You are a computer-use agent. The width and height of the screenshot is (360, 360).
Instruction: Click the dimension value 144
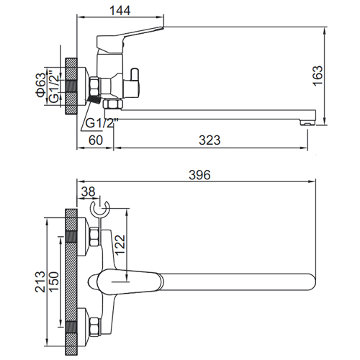point(120,11)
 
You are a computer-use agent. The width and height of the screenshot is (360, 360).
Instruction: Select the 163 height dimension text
point(318,76)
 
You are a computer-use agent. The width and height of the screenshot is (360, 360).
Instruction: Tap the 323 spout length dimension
point(210,140)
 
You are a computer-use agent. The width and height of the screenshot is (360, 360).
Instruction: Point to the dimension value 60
point(96,140)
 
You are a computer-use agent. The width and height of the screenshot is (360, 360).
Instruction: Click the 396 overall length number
point(199,175)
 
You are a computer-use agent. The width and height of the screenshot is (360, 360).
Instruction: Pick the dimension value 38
point(88,192)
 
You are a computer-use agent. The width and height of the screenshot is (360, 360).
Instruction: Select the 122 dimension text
point(120,245)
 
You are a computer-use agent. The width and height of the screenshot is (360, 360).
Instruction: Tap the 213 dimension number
point(40,282)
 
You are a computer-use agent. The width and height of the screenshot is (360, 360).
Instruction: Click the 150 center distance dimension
point(53,282)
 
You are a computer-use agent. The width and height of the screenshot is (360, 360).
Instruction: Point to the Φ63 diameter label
point(41,85)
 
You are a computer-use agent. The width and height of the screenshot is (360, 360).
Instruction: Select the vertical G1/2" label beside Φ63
point(54,86)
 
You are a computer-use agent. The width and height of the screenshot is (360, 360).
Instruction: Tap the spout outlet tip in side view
point(307,123)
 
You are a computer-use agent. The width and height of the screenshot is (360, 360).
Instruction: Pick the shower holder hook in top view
point(100,209)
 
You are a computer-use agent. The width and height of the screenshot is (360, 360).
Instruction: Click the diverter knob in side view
point(134,75)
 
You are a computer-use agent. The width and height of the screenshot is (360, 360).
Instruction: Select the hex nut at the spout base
point(112,104)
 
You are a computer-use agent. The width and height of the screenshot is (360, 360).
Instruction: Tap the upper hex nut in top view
point(94,237)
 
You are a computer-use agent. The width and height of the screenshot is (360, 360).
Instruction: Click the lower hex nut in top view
point(94,326)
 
